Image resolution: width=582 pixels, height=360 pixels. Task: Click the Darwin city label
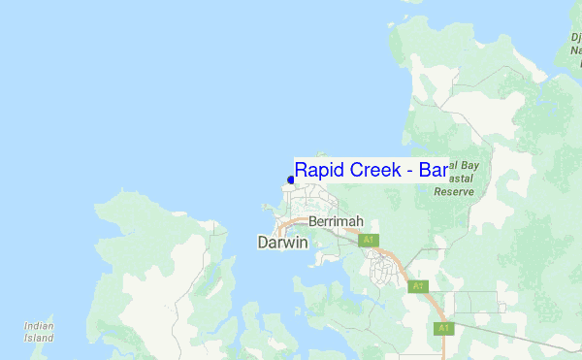[282, 243]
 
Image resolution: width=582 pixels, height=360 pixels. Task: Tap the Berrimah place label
[334, 221]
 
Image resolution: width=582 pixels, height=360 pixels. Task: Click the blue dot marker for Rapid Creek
[291, 180]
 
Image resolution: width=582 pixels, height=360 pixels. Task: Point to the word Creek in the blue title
[373, 170]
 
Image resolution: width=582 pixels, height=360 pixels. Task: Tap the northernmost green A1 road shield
[367, 240]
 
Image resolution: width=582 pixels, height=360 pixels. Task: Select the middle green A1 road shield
[417, 286]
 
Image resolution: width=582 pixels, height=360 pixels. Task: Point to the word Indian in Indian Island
[39, 327]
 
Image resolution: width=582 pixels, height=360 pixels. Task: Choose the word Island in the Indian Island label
[39, 339]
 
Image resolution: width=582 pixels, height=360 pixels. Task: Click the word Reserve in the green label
[453, 192]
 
